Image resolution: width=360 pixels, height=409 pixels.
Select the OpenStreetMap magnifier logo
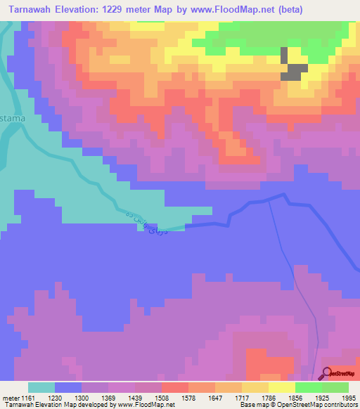click(326, 374)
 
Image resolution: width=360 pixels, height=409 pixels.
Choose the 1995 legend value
click(348, 397)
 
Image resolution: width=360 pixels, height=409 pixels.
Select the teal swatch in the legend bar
click(41, 387)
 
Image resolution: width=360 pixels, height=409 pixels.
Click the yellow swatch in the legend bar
click(282, 387)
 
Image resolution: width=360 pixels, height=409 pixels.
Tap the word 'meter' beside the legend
click(10, 397)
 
